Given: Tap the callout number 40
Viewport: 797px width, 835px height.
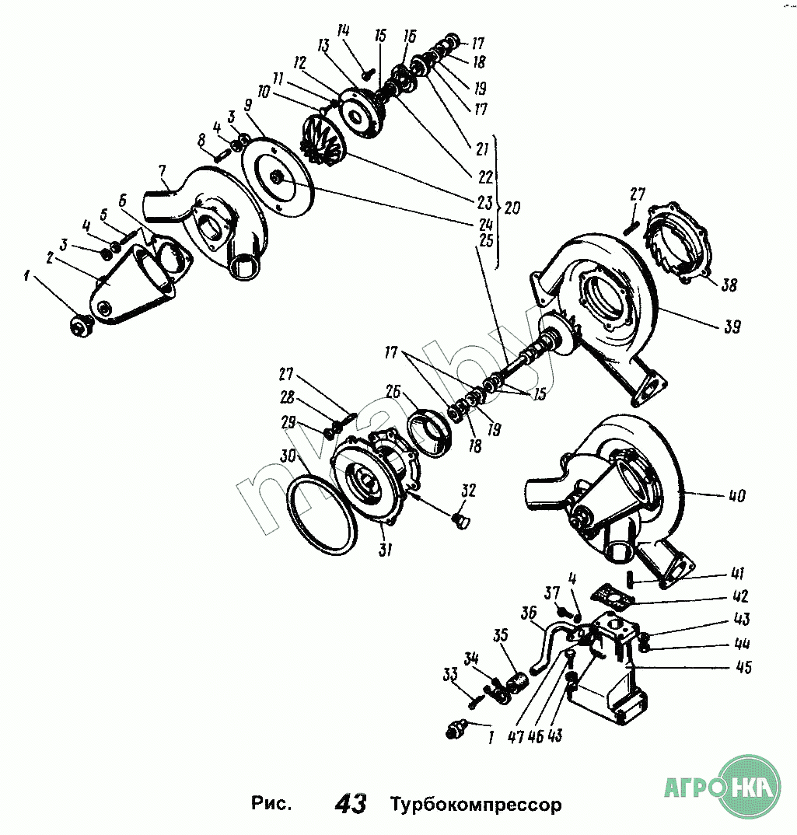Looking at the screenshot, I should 736,494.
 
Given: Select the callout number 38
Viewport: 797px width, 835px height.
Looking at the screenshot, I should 728,285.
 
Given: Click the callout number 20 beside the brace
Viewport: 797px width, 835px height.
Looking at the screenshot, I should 512,208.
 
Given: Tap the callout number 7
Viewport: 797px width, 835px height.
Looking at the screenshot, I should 163,170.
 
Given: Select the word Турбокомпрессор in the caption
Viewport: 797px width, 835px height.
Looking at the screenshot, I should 475,803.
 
